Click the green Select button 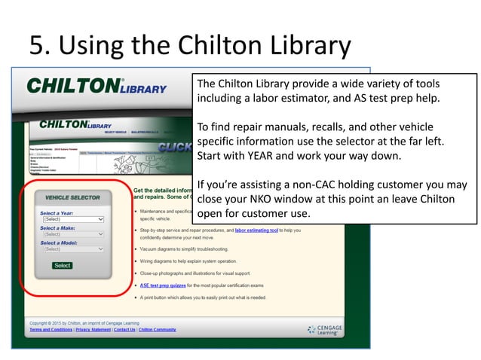click(63, 265)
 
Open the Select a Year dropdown click(72, 219)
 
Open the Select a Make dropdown click(72, 234)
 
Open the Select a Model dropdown click(72, 249)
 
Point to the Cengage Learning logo click(332, 328)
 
